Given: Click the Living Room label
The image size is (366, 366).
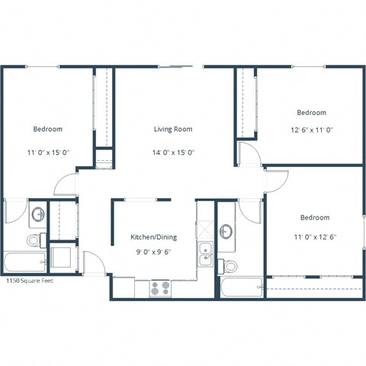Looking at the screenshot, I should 173,130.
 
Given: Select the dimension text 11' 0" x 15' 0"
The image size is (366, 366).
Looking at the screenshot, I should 47,152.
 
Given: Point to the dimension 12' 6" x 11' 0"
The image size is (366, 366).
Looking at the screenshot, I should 311,129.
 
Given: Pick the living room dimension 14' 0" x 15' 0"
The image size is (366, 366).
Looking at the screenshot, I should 173,152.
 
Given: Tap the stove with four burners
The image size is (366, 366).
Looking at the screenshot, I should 160,288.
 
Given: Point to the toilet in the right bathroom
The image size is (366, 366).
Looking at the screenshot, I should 228,266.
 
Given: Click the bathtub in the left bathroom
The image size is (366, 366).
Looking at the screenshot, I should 23,262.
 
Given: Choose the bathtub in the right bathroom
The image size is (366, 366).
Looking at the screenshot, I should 240,287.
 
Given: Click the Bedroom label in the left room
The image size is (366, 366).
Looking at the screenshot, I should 47,130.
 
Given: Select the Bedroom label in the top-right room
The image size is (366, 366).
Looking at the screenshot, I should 311,113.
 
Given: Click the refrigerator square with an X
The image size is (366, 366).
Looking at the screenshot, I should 206,229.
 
